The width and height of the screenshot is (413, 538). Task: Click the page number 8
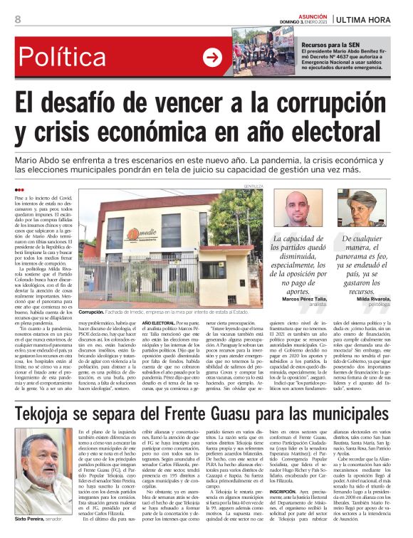click(18, 19)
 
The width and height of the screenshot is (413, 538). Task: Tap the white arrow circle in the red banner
click(212, 56)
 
